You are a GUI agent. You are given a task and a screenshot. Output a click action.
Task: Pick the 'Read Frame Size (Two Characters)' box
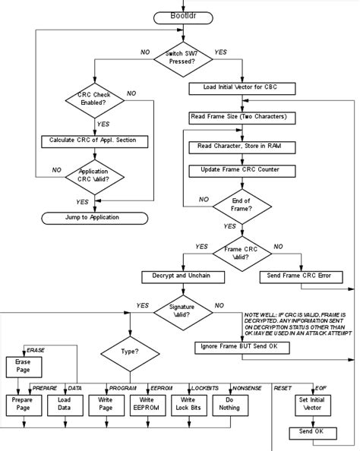click(x=237, y=118)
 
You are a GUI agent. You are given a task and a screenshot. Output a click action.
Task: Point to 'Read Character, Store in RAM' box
click(x=237, y=145)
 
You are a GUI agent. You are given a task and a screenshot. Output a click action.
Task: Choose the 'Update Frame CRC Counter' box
click(x=237, y=170)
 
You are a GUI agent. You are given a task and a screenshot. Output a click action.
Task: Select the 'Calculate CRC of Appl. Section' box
click(x=93, y=141)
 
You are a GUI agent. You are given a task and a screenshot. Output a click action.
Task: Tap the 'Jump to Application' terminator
click(x=92, y=218)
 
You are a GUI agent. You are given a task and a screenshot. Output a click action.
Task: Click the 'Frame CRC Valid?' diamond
click(x=237, y=251)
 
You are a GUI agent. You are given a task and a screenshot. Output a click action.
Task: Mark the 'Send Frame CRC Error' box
click(x=297, y=275)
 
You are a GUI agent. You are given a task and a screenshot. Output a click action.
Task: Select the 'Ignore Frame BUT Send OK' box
click(x=236, y=346)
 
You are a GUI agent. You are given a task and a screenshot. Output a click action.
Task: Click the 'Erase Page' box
click(x=23, y=366)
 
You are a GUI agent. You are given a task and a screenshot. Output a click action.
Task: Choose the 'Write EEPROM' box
click(x=147, y=404)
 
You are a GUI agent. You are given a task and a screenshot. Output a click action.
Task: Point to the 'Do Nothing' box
click(x=229, y=404)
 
